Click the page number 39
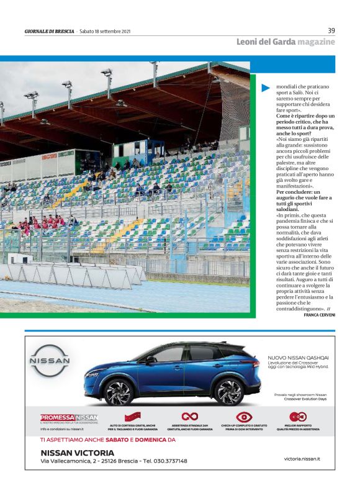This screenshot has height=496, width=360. point(331,30)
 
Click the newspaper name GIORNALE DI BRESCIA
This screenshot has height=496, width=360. point(49,31)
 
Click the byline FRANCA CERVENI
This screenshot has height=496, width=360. point(319,315)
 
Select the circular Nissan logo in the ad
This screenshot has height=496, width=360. point(50,363)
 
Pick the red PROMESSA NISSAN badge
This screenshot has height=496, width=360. point(69,417)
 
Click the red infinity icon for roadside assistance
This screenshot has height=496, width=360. point(189,416)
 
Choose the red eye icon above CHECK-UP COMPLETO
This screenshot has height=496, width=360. point(245,417)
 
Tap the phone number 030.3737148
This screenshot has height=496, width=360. point(165,461)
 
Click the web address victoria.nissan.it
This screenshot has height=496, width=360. point(302,458)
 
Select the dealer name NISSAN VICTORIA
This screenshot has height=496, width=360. point(77,452)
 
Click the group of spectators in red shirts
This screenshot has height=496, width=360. point(43,222)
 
